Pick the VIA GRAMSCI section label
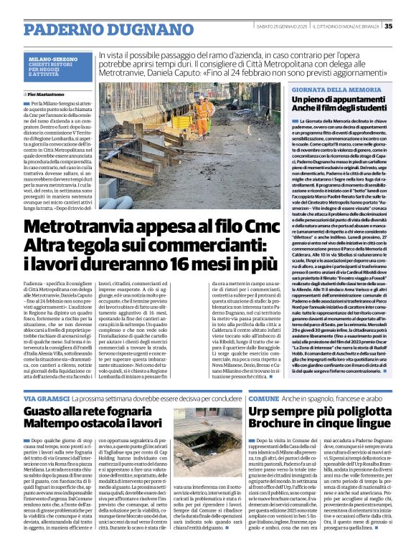pyautogui.click(x=45, y=396)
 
